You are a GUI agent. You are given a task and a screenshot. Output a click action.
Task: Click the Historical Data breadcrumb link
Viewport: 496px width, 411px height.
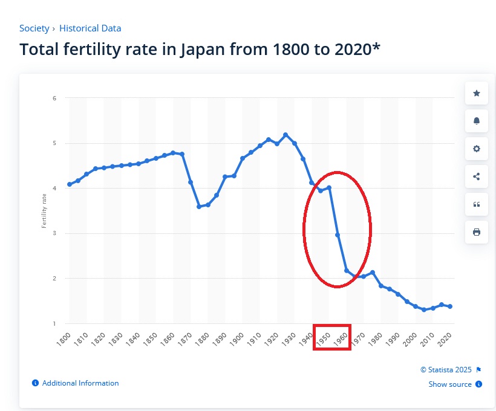tap(90, 28)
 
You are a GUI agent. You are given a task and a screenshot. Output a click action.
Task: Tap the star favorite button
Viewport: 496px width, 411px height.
tap(476, 93)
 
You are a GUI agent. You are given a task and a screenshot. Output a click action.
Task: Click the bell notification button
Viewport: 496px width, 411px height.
tap(476, 121)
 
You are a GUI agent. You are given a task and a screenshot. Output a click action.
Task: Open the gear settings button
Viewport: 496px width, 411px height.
tap(476, 149)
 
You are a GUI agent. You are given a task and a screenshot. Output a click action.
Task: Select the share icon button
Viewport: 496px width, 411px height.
tap(476, 176)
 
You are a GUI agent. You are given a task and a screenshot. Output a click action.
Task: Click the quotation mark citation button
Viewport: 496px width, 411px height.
tap(476, 204)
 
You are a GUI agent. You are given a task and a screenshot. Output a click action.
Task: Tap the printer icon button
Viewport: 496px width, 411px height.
tap(476, 232)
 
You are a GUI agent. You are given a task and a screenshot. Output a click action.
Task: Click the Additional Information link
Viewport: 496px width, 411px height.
tap(80, 383)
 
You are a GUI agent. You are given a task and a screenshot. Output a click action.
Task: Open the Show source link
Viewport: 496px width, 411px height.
tap(450, 384)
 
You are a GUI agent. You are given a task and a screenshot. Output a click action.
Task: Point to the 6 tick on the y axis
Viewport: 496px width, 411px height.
tap(54, 98)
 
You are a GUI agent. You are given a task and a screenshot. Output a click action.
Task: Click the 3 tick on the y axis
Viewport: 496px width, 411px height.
tap(54, 233)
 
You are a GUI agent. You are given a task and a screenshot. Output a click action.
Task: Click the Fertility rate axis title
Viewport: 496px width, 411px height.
tap(44, 211)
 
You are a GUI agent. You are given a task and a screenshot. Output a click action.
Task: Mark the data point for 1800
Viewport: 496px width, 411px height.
tap(70, 184)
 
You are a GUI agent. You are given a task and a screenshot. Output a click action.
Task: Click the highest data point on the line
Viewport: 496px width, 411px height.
tap(286, 135)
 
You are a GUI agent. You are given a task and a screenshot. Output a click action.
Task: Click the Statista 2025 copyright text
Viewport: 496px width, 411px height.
tap(446, 369)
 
